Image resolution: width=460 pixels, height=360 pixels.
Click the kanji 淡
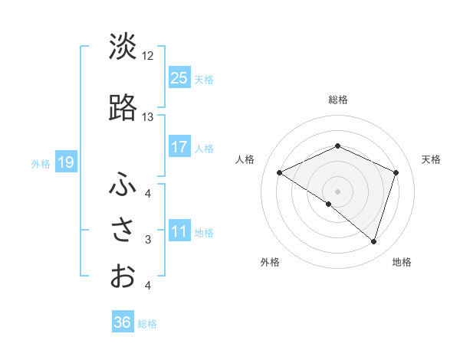(x=123, y=47)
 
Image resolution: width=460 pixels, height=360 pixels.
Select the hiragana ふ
(x=123, y=183)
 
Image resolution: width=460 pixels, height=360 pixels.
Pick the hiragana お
(x=123, y=276)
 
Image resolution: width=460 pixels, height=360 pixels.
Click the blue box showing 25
(x=179, y=77)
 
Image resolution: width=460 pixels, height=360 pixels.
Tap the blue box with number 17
(x=179, y=147)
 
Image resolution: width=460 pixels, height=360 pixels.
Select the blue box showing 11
(x=179, y=231)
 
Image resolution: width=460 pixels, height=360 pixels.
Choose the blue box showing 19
(x=65, y=162)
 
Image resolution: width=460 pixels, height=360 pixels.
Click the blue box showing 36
(x=123, y=322)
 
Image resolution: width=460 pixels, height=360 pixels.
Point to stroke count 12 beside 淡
(x=148, y=56)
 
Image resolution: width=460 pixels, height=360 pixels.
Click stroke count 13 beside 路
(x=148, y=117)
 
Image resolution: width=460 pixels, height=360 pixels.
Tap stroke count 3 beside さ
(x=148, y=240)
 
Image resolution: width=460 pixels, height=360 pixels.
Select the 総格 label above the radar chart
(x=338, y=100)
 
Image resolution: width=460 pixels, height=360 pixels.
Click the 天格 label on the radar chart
(x=431, y=159)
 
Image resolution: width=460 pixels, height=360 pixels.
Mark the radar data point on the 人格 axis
(x=280, y=172)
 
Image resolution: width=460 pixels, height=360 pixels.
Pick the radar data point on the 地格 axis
(x=373, y=241)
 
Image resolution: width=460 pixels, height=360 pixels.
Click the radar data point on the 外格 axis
(x=329, y=204)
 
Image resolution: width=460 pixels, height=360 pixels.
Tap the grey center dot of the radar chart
(x=337, y=191)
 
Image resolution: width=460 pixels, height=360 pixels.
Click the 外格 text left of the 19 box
(x=41, y=163)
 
